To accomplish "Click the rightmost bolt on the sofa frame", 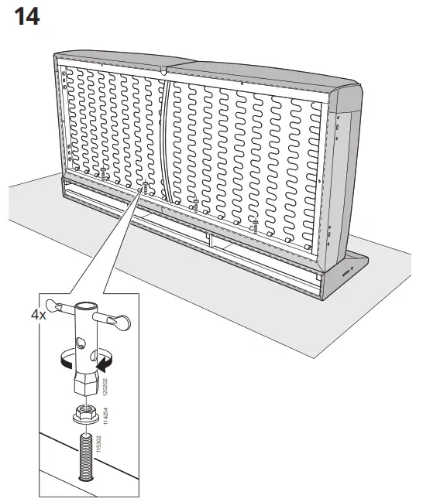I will (x=255, y=225).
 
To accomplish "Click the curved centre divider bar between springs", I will (x=166, y=135).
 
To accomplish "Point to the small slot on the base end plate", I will (x=342, y=270).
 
